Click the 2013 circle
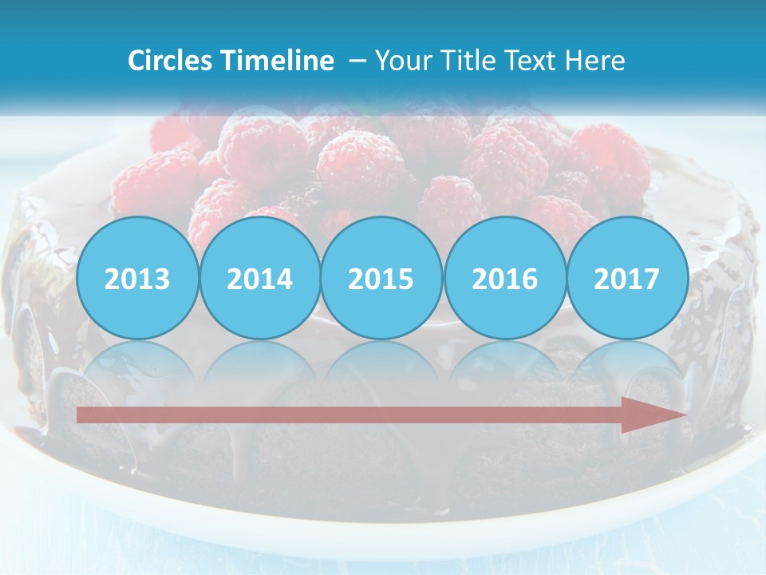click(x=137, y=278)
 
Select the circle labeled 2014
click(x=259, y=278)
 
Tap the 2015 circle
click(x=381, y=278)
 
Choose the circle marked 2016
click(x=504, y=278)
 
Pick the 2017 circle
click(x=627, y=278)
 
